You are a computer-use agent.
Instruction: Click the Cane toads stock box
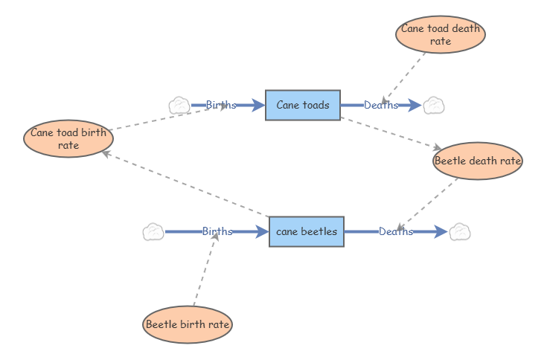303,105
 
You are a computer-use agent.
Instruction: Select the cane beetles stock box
307,232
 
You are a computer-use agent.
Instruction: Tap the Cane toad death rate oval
441,34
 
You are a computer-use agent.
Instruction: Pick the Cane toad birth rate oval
68,138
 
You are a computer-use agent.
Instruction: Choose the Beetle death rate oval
478,161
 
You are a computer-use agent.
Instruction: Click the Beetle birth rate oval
188,324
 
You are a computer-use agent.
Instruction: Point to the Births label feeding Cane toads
221,105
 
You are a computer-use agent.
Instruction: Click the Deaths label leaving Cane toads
381,105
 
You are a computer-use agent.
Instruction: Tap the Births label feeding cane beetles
217,231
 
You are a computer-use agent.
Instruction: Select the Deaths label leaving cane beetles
396,232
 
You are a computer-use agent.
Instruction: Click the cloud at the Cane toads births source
179,106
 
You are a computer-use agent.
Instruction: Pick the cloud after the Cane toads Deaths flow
434,106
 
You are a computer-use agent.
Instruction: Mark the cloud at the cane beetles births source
153,232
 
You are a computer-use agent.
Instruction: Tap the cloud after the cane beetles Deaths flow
460,232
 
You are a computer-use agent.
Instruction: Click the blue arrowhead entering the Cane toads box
258,105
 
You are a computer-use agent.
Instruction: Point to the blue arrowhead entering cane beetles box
262,232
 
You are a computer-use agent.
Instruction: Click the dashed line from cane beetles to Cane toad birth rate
185,184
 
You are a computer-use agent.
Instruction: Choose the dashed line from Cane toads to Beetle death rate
391,133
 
